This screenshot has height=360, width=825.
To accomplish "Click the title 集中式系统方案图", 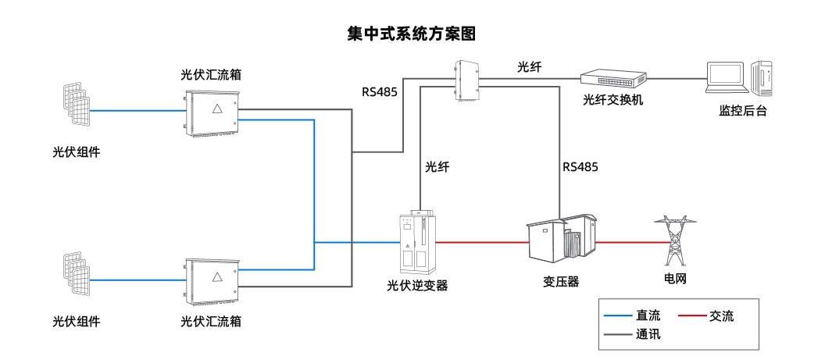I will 412,34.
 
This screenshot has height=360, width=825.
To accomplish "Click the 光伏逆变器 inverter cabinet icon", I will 415,239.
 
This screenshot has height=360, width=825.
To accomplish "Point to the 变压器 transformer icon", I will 561,237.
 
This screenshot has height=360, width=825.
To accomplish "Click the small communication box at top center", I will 466,80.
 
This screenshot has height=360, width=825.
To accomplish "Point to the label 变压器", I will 561,282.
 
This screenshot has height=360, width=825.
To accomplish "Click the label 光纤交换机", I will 613,102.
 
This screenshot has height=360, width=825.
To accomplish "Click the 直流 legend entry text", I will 648,316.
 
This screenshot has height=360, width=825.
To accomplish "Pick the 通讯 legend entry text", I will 648,335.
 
